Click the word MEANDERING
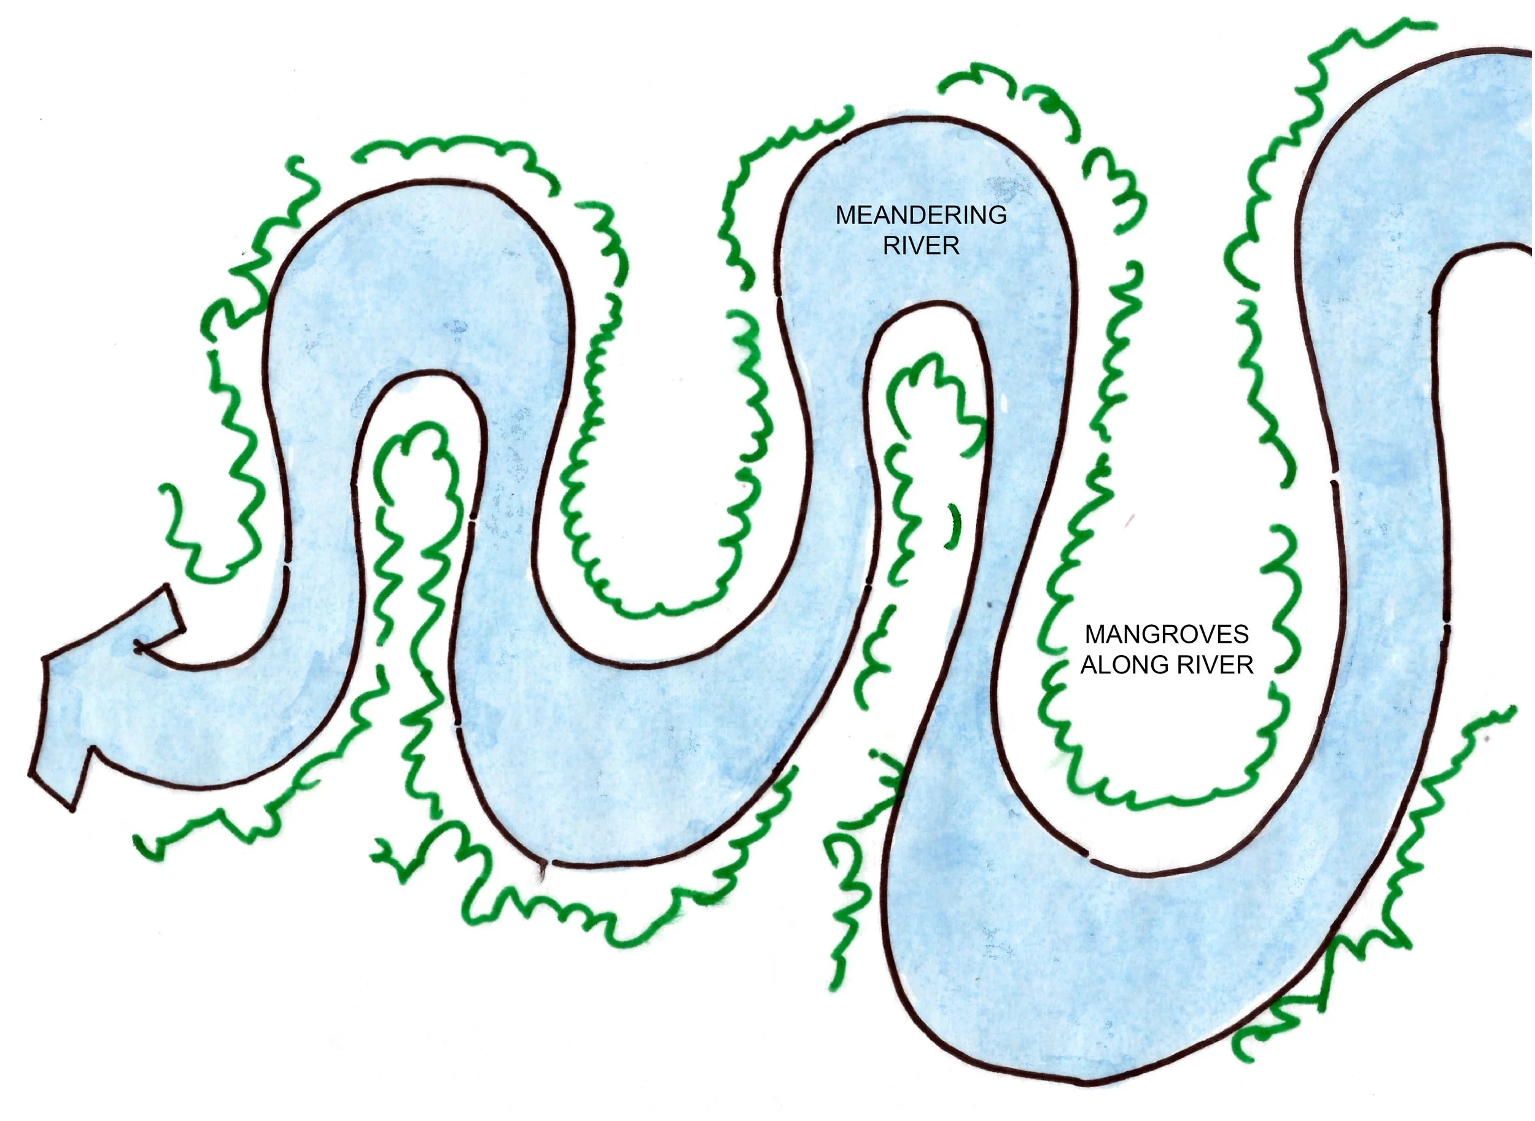(x=921, y=215)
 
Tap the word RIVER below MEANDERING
(x=921, y=246)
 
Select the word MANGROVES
(x=1167, y=634)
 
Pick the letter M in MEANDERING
(x=845, y=215)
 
